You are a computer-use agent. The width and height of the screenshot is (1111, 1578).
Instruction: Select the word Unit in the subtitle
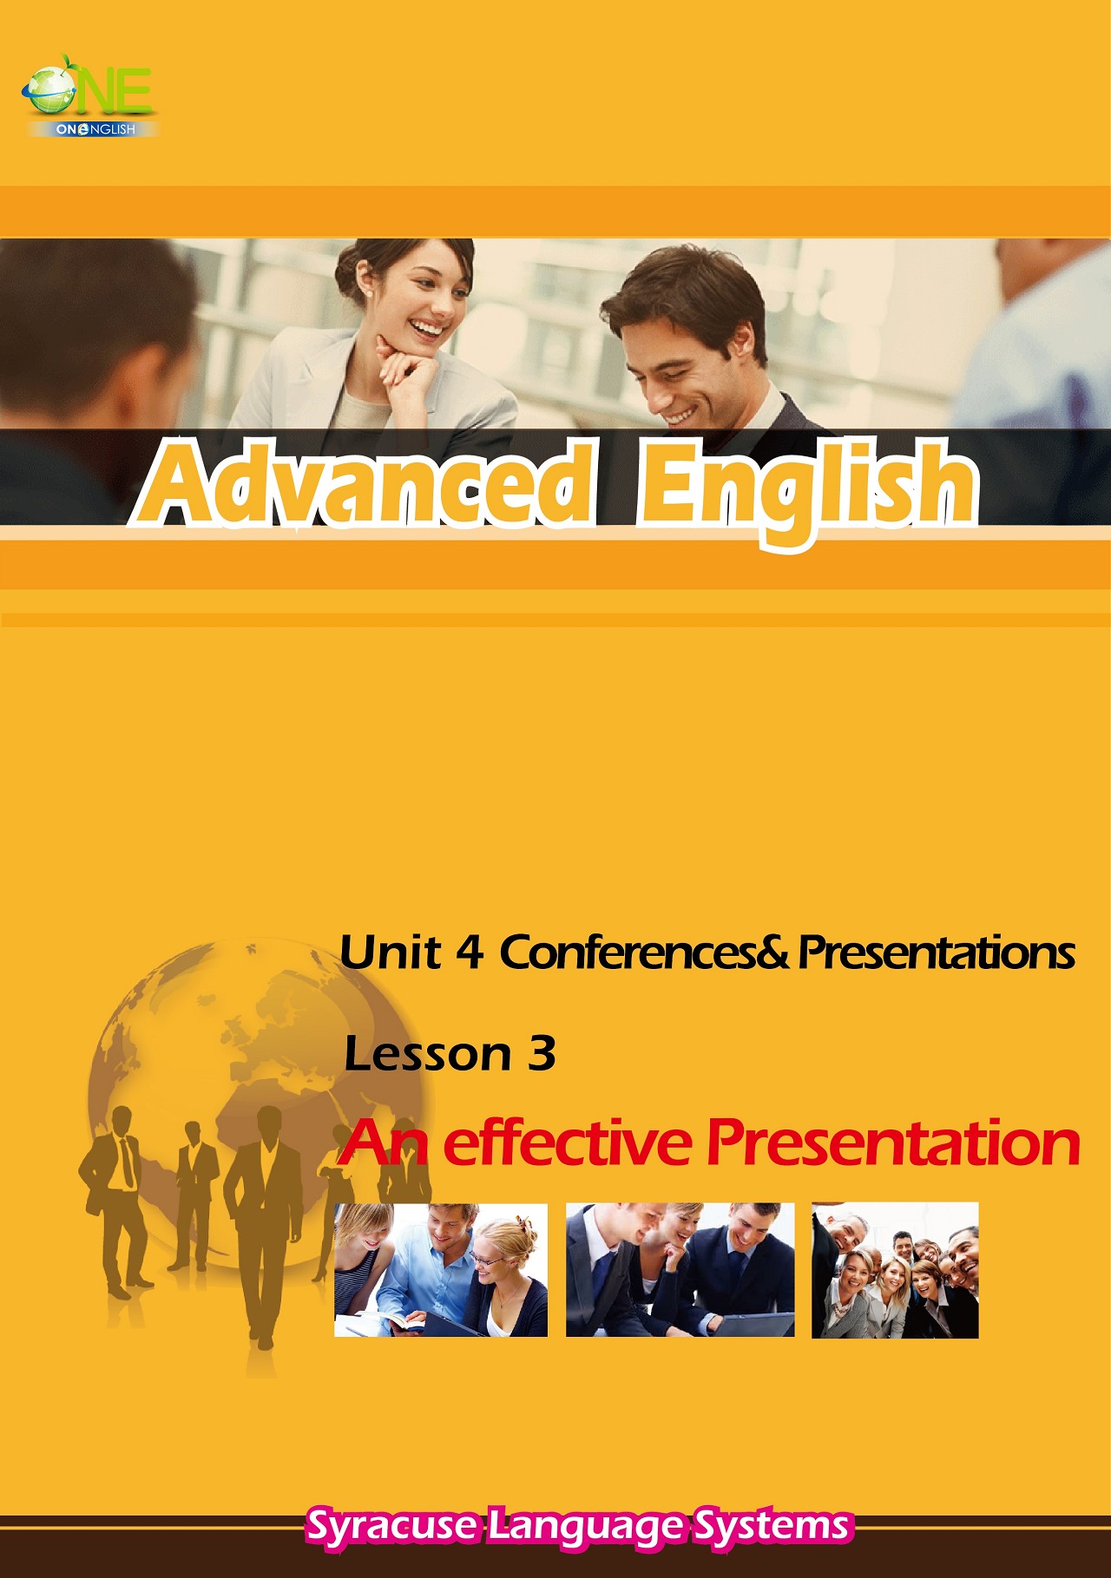390,953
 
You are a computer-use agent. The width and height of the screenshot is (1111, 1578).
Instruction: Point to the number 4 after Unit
469,953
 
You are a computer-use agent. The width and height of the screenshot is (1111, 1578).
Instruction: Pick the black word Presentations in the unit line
937,953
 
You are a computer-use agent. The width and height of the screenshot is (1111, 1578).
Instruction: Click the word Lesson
427,1054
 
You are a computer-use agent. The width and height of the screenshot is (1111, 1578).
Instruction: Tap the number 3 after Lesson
541,1054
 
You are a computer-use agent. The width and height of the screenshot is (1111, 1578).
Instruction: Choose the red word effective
567,1143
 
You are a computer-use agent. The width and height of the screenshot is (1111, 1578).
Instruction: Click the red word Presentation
893,1143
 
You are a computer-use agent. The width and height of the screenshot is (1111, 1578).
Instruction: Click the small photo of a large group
895,1270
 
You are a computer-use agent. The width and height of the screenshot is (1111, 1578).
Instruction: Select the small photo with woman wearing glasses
441,1270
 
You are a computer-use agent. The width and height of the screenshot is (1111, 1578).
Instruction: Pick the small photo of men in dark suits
680,1270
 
